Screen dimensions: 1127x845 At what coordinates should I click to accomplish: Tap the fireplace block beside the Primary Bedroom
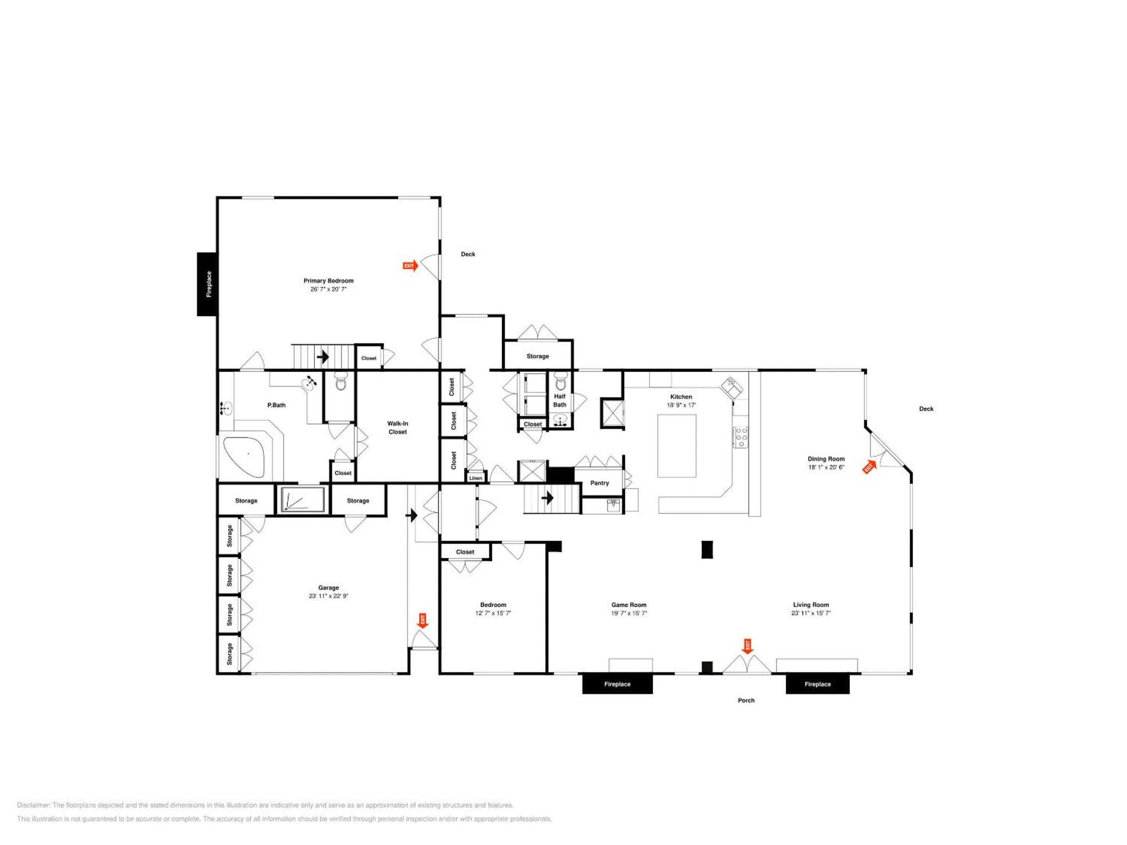point(207,284)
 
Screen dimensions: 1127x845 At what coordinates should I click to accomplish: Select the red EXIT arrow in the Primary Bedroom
point(410,265)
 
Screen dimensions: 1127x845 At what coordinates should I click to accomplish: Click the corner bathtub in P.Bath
point(245,457)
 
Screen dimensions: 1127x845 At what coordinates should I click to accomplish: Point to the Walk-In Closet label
point(398,427)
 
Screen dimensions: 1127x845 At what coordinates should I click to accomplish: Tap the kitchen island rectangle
point(677,446)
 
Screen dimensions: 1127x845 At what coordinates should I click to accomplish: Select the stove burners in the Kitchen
point(740,437)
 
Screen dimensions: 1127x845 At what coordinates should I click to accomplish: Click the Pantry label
point(599,483)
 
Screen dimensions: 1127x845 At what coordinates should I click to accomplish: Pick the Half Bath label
point(560,400)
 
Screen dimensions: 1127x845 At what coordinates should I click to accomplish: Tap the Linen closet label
point(475,478)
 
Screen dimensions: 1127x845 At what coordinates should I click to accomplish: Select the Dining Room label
point(826,459)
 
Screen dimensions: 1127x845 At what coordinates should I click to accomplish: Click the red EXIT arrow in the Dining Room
point(869,467)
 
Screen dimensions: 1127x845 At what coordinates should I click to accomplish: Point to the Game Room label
point(629,604)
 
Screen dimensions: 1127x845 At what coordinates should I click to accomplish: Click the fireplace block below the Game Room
point(618,684)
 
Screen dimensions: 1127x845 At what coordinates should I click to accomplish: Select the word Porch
point(746,700)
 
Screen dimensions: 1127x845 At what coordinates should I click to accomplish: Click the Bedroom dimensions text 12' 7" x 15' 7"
point(493,613)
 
